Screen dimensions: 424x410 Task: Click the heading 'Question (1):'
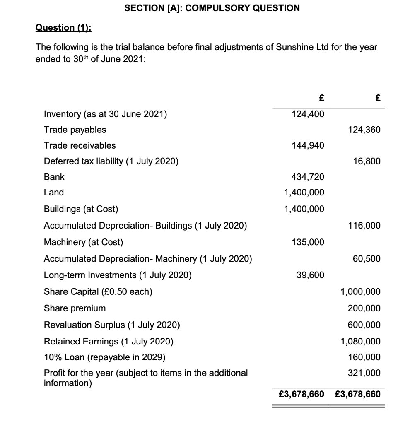click(x=64, y=28)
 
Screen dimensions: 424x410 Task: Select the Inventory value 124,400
click(x=308, y=114)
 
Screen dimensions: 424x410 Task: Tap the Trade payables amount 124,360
click(x=364, y=130)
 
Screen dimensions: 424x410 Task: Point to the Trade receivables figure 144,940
click(x=308, y=145)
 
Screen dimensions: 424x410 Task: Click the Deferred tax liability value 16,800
click(x=367, y=161)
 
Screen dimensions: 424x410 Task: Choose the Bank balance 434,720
click(x=308, y=177)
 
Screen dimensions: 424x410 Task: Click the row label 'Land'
click(x=54, y=193)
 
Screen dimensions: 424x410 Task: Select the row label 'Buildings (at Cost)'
click(x=81, y=209)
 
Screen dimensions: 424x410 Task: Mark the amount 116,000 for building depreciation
click(x=364, y=226)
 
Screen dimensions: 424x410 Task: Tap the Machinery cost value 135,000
click(x=308, y=242)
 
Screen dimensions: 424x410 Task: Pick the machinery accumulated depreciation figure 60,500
click(x=367, y=259)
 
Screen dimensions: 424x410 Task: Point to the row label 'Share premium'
click(x=75, y=308)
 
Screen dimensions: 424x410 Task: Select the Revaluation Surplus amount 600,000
click(x=364, y=325)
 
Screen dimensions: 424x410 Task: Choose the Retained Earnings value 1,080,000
click(x=360, y=342)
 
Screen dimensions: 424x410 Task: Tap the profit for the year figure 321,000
click(x=364, y=373)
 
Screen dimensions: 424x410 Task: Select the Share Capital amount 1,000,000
click(x=360, y=292)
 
